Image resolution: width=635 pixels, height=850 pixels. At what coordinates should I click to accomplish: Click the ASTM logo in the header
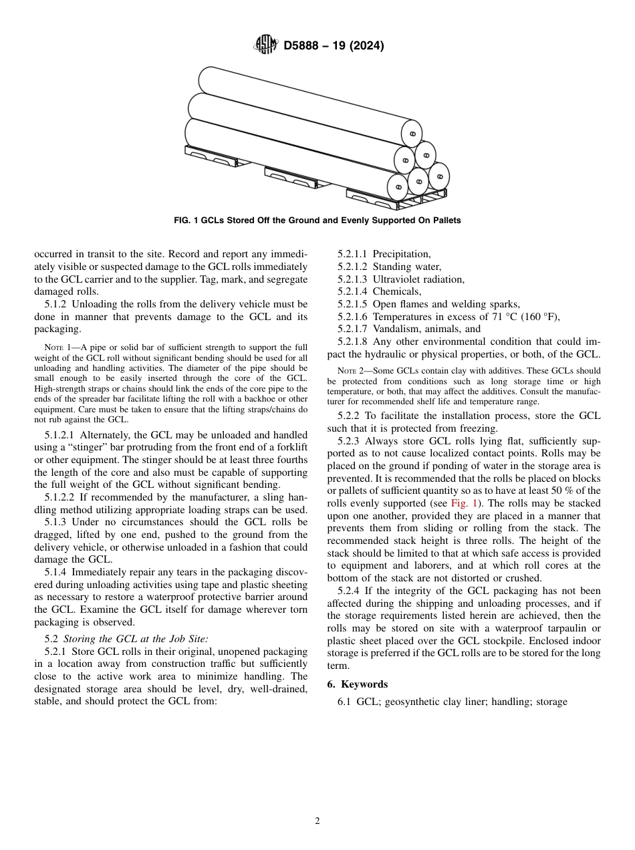tap(265, 45)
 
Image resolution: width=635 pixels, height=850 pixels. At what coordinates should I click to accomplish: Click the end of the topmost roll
tap(412, 134)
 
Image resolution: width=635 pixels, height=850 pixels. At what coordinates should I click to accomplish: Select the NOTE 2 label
tap(349, 371)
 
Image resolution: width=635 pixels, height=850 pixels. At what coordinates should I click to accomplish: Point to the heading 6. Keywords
tap(357, 684)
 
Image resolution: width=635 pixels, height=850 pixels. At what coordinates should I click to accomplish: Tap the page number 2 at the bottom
tap(317, 821)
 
